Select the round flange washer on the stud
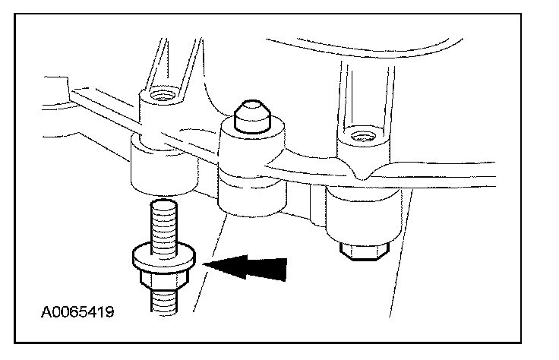coord(165,256)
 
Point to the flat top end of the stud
coord(163,201)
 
